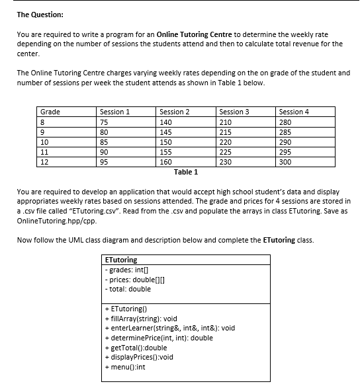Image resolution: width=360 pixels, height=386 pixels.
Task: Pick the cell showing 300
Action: [286, 161]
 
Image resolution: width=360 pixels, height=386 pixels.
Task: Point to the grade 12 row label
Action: [46, 161]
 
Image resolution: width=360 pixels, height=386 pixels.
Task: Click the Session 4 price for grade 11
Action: [286, 151]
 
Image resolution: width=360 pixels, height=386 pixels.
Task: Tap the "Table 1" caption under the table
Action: [186, 172]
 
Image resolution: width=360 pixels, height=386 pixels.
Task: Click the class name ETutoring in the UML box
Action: [122, 260]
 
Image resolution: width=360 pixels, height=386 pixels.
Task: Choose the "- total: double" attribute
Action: [128, 289]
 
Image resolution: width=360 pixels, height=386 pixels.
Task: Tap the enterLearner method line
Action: [170, 328]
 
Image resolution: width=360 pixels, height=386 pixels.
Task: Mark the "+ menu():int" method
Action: [125, 367]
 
